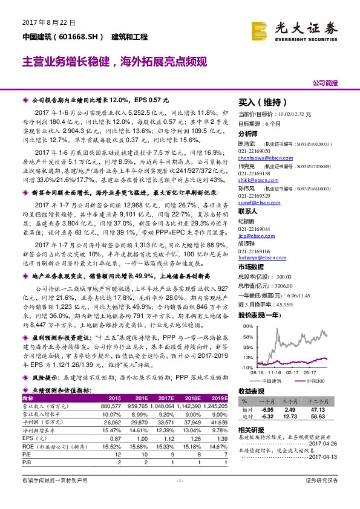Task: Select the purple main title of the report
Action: click(x=115, y=62)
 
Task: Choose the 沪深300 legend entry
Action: click(x=316, y=380)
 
